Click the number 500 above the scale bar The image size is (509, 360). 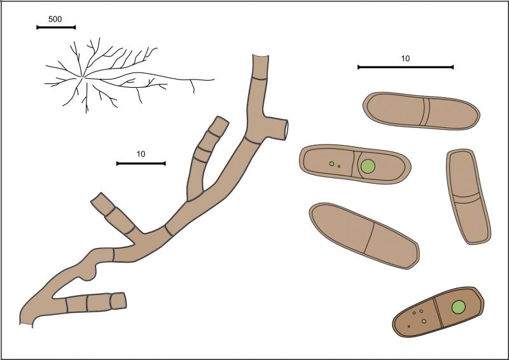coord(55,19)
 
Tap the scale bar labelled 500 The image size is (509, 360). coord(56,27)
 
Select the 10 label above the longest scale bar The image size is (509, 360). coord(405,59)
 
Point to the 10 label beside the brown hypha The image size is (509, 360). coord(141,154)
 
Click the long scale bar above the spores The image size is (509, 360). coord(405,67)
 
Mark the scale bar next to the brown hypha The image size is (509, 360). coord(141,163)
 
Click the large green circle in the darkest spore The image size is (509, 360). coord(459,307)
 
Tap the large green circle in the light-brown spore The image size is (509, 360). coord(368,166)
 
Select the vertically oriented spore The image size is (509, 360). coord(468,197)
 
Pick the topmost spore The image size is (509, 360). coord(421,111)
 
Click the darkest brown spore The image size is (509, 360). coord(438,312)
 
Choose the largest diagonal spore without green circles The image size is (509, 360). coord(364,236)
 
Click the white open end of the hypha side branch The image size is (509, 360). coord(286,130)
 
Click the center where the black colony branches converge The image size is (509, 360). coord(83,77)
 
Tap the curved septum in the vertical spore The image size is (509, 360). coord(466,198)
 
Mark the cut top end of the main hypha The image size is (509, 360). coord(260,56)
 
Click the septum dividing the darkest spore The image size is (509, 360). coord(438,312)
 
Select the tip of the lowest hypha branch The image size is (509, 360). coord(124,301)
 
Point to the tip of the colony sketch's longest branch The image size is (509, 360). coord(214,79)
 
